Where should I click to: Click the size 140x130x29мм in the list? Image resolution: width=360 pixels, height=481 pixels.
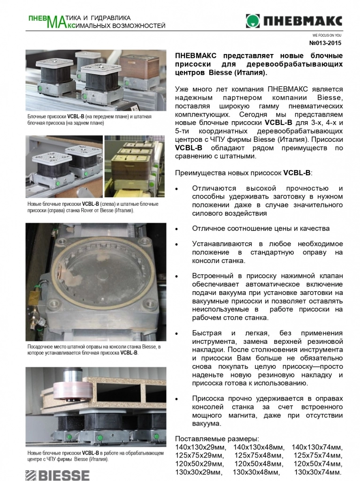pos(200,447)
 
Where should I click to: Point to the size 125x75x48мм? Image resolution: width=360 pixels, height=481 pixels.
pos(259,455)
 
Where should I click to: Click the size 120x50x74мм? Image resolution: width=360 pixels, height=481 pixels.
pos(317,464)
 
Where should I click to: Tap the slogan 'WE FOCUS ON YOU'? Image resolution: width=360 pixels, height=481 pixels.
pos(327,35)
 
